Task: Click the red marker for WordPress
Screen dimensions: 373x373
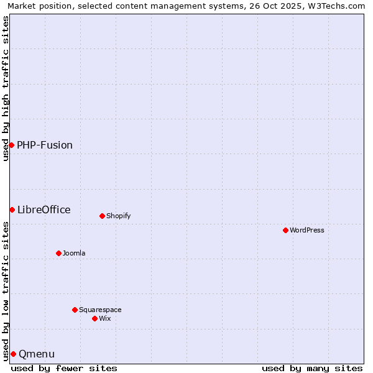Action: click(x=285, y=230)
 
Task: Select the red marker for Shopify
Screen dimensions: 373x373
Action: click(x=102, y=216)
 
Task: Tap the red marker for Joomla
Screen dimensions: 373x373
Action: click(x=58, y=253)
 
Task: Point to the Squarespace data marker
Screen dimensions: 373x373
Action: click(x=75, y=310)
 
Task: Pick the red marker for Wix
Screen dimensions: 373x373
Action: click(x=94, y=318)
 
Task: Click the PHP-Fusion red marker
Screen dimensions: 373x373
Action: click(x=11, y=145)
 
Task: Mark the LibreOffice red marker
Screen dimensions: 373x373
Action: click(x=12, y=210)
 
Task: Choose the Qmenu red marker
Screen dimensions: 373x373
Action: click(x=13, y=354)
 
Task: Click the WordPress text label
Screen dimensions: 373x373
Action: click(x=307, y=230)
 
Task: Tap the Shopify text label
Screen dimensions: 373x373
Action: click(x=118, y=216)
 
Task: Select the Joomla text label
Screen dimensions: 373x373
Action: click(x=74, y=253)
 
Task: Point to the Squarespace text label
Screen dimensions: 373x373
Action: click(x=100, y=310)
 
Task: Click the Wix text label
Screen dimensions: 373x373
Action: click(x=104, y=318)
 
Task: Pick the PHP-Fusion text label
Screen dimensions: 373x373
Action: click(x=45, y=145)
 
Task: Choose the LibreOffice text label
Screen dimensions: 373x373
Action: click(x=44, y=210)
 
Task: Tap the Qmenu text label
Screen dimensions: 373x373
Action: click(x=37, y=354)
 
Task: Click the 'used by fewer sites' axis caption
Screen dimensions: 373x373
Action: click(x=64, y=368)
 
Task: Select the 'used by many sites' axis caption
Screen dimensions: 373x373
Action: click(x=312, y=368)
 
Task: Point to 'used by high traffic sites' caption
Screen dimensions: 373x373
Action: click(x=6, y=88)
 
